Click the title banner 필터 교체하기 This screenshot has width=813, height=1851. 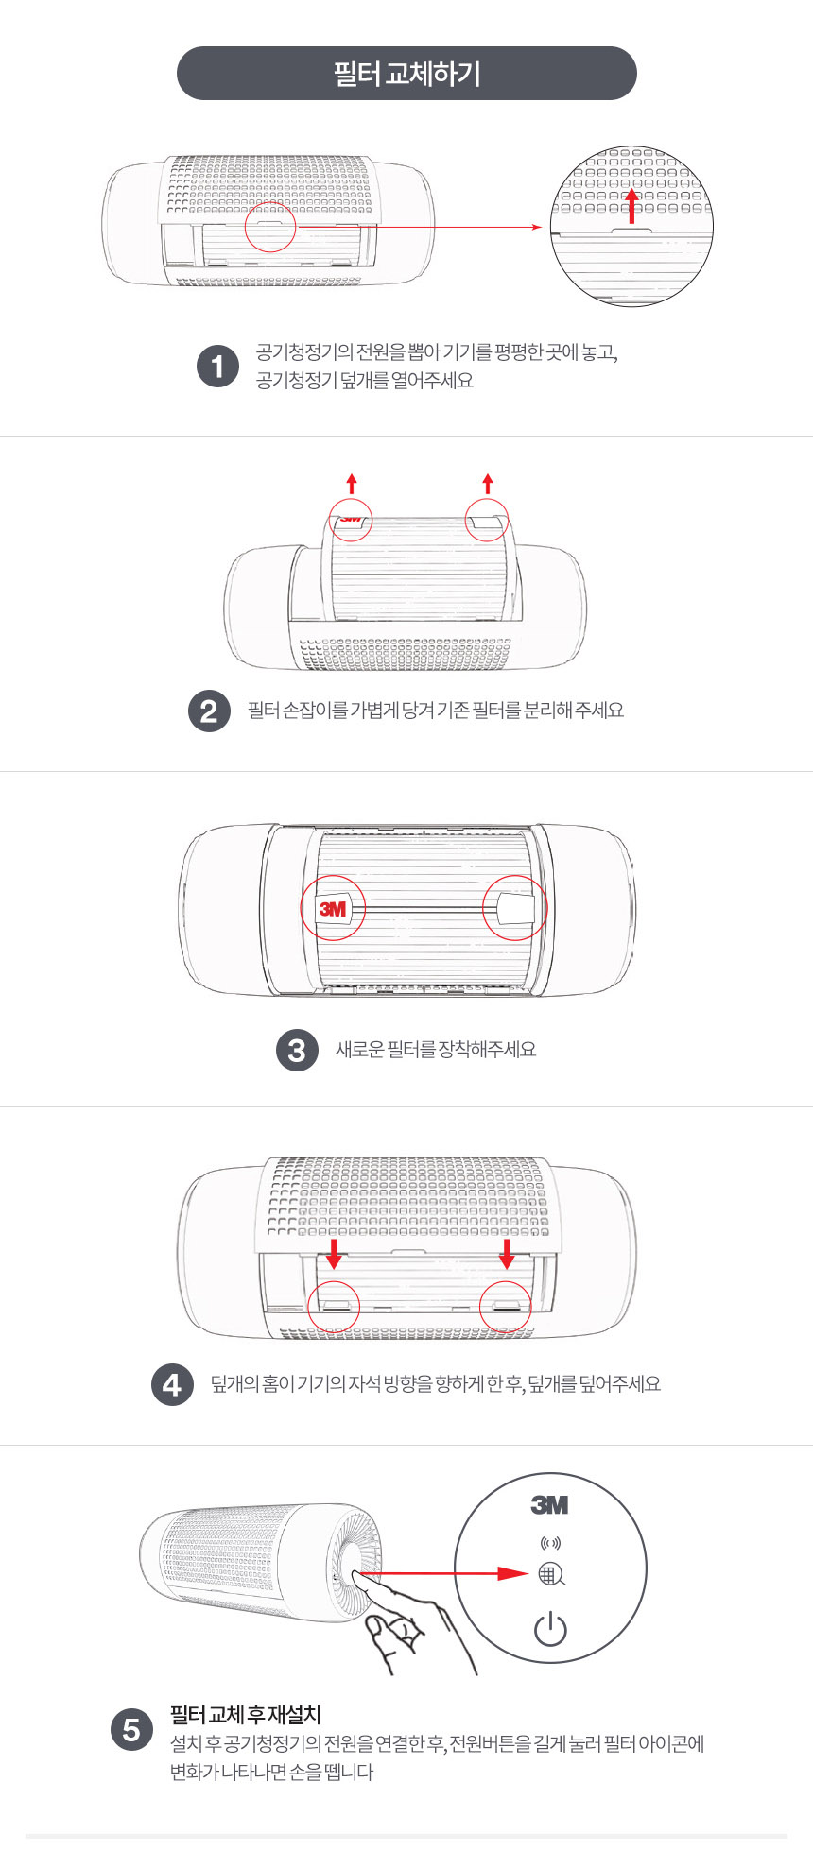tap(406, 73)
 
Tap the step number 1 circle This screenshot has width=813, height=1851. tap(217, 367)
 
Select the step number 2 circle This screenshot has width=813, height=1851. tap(209, 711)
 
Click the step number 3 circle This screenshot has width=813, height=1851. tap(297, 1050)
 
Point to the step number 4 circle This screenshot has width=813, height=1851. tap(172, 1385)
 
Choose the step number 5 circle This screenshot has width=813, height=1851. tap(131, 1730)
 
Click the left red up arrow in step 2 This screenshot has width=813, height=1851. tap(352, 485)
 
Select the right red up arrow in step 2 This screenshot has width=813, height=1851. tap(488, 485)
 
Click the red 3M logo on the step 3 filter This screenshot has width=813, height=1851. tap(333, 909)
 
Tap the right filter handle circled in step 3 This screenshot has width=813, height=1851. tap(516, 908)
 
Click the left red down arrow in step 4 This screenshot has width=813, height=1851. tap(334, 1254)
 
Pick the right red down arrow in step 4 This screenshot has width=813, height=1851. tap(507, 1254)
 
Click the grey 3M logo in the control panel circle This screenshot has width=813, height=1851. tap(549, 1505)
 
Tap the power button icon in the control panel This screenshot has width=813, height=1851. tap(550, 1629)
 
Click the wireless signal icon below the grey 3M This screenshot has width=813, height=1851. tap(550, 1543)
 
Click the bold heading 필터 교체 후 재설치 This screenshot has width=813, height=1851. tap(246, 1714)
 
